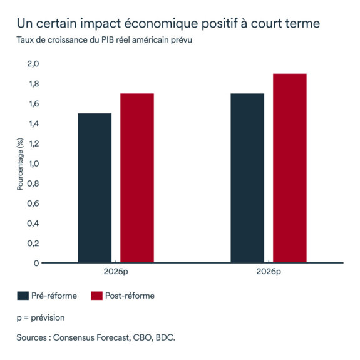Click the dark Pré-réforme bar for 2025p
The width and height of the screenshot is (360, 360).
click(95, 188)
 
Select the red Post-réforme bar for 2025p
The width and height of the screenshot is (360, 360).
click(137, 178)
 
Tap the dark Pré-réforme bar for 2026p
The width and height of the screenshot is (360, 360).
click(247, 178)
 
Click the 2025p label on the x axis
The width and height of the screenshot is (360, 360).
click(116, 274)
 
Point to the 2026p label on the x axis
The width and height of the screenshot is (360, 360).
click(268, 274)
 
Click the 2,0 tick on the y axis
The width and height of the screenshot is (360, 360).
click(33, 64)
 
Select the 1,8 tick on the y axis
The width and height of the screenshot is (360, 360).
click(33, 84)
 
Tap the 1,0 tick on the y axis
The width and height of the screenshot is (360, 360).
click(33, 163)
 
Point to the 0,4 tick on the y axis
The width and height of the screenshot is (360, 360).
click(33, 224)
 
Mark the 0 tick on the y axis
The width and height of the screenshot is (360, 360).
click(36, 263)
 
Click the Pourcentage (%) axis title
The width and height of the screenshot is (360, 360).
click(20, 163)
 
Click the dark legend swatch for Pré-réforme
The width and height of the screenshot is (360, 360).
click(23, 296)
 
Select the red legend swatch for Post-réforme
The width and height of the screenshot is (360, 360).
click(96, 296)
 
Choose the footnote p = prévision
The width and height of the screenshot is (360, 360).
click(41, 317)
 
